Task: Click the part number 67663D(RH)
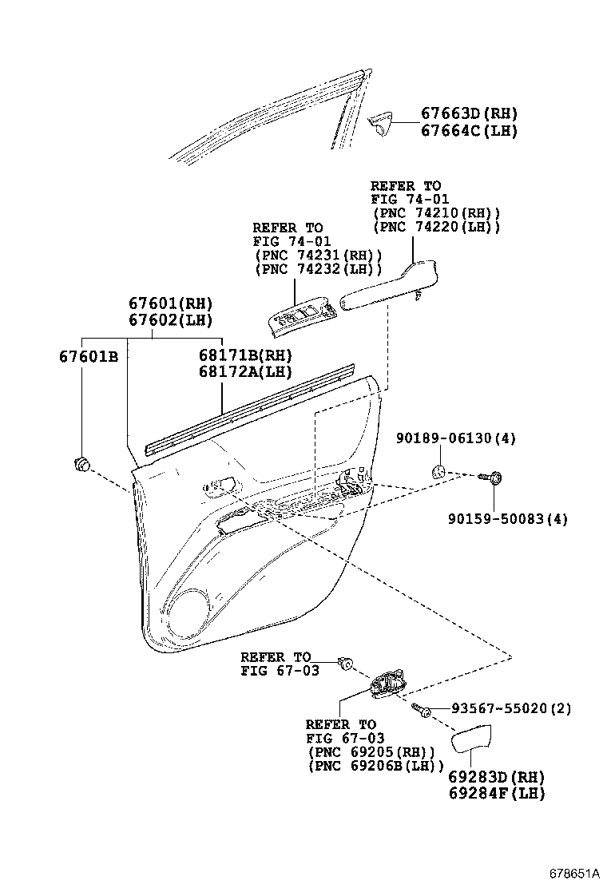click(469, 114)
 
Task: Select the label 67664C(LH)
click(469, 131)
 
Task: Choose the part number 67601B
click(88, 356)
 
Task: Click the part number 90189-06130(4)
click(457, 438)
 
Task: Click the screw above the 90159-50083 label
click(490, 478)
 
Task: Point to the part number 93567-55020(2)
click(510, 708)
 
